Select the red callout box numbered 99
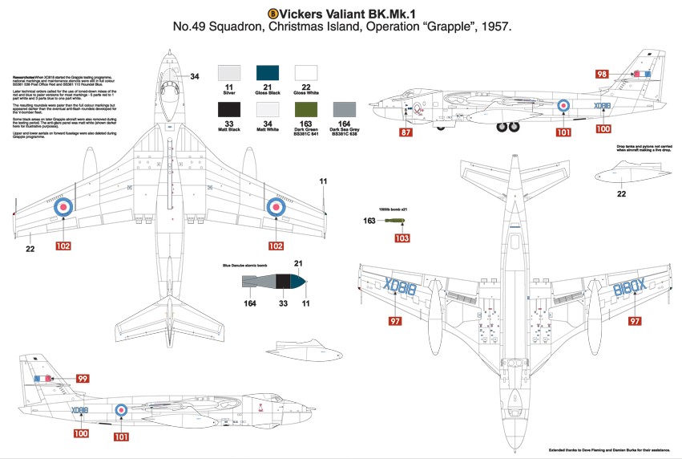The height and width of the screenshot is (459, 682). (83, 378)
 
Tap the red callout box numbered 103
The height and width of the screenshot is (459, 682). (402, 238)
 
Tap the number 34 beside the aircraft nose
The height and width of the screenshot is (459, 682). (195, 77)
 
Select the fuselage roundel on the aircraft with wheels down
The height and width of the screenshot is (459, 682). (563, 105)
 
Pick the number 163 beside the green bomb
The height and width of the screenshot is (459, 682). (370, 221)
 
